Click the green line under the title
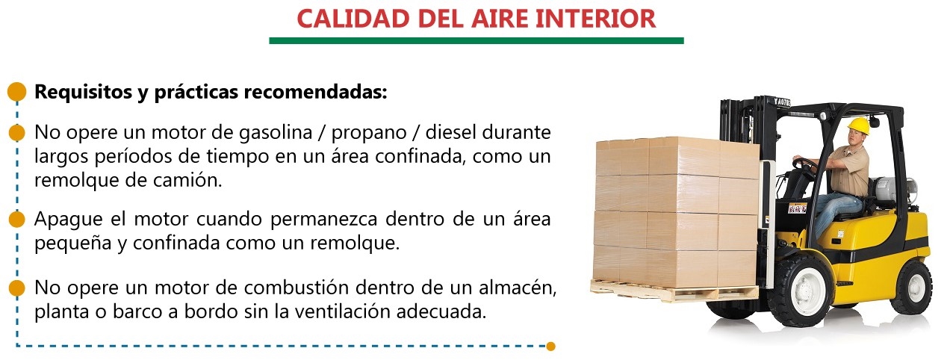coord(476,41)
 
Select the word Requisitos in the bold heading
coord(83,92)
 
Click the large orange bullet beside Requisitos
coord(17,92)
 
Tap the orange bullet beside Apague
coord(16,220)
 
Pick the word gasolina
coord(276,132)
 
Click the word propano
coord(369,133)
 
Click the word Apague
coord(68,220)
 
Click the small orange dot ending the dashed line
coord(550,347)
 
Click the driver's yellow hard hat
coord(858,126)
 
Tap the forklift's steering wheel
coord(804,165)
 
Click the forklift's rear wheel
coord(911,287)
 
